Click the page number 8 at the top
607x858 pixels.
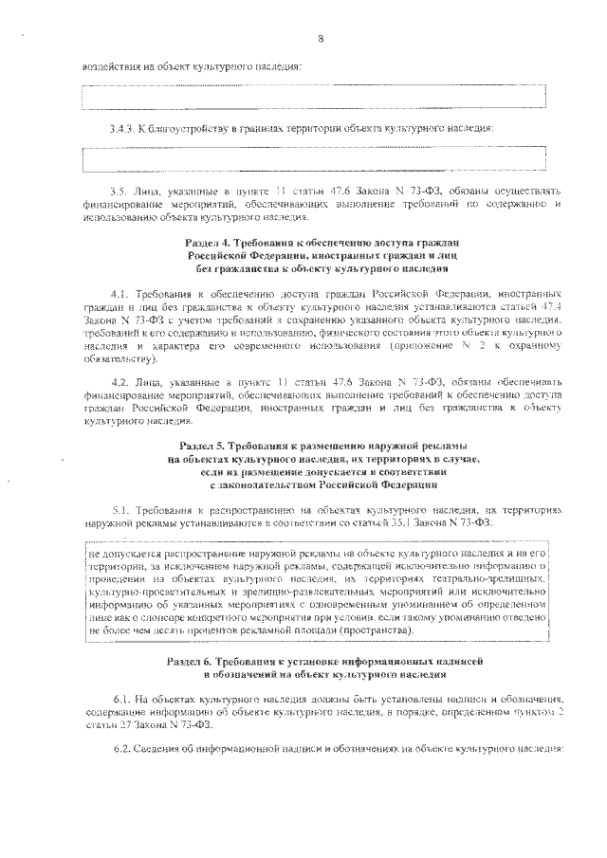click(x=321, y=39)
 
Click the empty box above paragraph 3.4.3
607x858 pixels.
click(x=314, y=97)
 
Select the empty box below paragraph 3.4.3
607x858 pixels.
click(x=314, y=158)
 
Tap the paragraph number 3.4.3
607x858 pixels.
click(x=123, y=128)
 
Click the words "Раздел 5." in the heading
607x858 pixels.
click(x=204, y=445)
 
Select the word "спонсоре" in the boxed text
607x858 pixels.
click(x=154, y=615)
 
